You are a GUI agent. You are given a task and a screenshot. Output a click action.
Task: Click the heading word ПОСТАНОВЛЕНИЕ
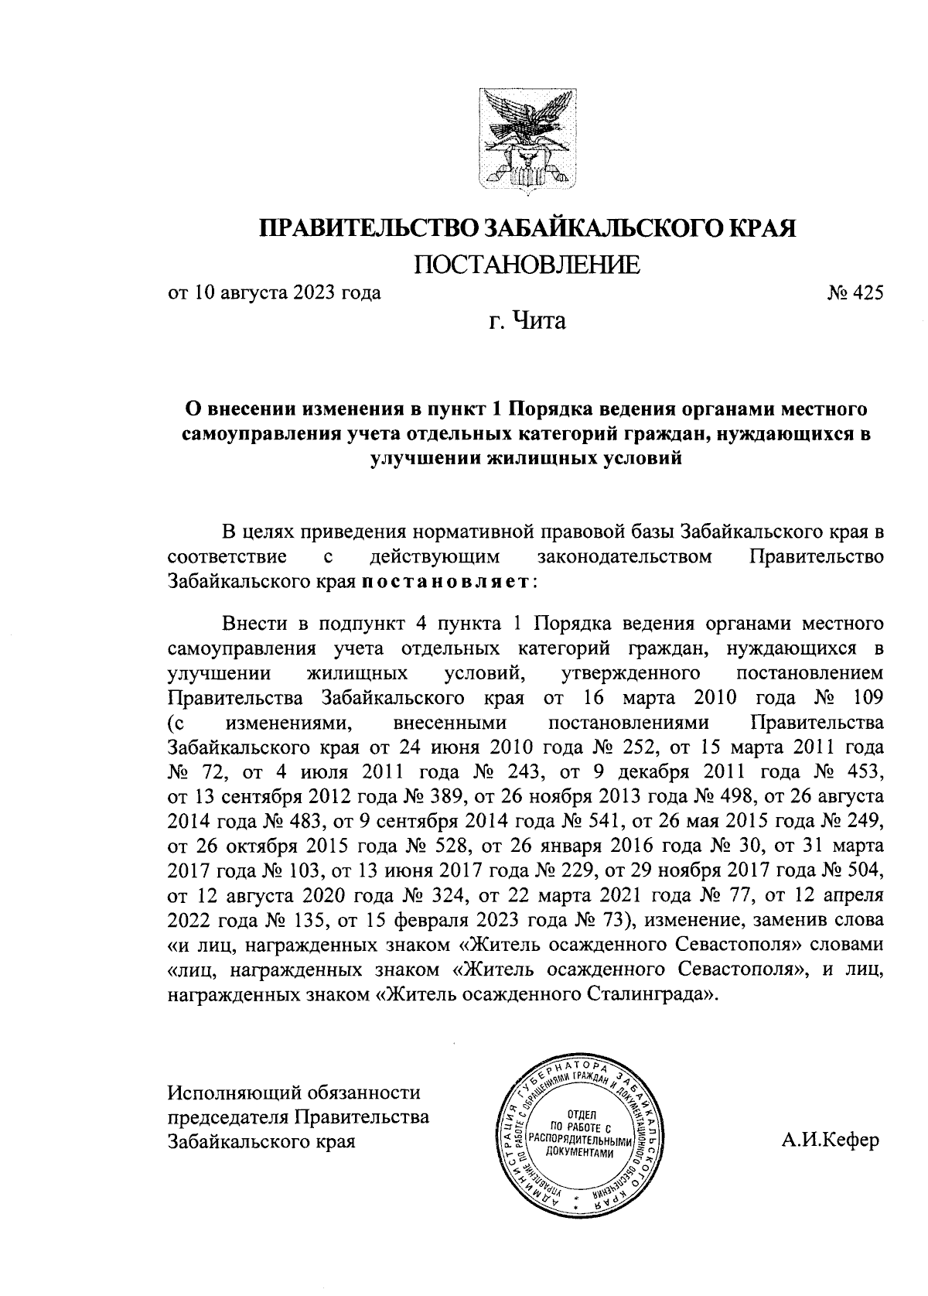tap(527, 265)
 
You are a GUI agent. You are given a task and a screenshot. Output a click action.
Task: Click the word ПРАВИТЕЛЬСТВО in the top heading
tap(367, 228)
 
